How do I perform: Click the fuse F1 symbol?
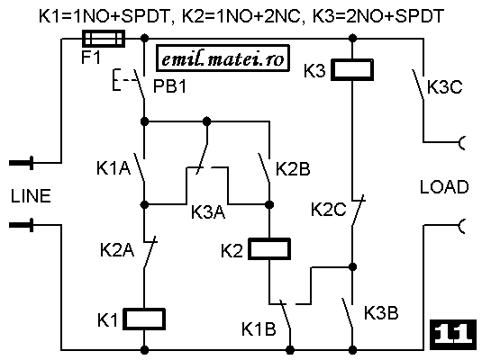[104, 39]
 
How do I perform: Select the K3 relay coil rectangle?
[352, 69]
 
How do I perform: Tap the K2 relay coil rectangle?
[269, 248]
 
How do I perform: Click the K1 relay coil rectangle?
[144, 319]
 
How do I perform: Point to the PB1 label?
[169, 86]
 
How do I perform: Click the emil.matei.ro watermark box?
[223, 58]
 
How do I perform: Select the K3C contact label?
[445, 87]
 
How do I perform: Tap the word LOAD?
[444, 187]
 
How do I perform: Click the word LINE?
[31, 196]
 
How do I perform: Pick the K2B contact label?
[293, 169]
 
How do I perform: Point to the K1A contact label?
[114, 168]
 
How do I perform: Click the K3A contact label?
[208, 211]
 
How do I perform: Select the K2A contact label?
[117, 249]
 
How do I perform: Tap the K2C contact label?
[328, 210]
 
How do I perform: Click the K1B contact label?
[259, 329]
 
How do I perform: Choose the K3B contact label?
[381, 313]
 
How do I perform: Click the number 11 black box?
[453, 335]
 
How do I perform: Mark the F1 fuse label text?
[91, 57]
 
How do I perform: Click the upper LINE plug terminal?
[22, 163]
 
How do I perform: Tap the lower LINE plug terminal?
[22, 225]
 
